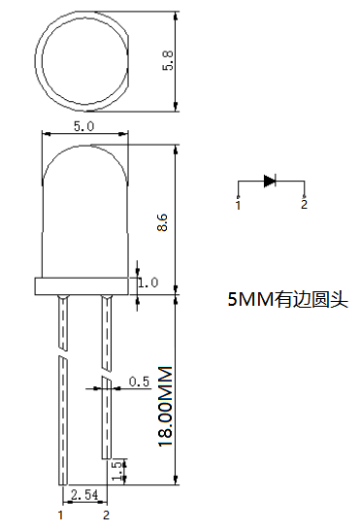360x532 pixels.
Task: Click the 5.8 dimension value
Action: tap(168, 60)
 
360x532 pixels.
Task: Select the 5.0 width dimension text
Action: tap(83, 126)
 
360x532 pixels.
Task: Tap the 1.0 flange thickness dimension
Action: tap(147, 283)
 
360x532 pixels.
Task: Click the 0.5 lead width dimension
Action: tap(139, 382)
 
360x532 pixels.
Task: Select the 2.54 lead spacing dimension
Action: tap(84, 495)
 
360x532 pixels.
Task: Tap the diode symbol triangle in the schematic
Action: tap(270, 181)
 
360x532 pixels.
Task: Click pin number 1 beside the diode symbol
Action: tap(238, 205)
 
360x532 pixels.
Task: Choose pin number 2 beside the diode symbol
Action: tap(304, 205)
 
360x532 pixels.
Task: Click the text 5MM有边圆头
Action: tap(286, 300)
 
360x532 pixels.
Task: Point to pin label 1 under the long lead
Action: tap(61, 515)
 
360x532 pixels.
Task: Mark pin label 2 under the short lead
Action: tap(106, 515)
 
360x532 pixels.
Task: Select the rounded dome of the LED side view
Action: tap(83, 194)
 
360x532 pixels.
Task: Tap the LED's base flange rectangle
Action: tap(83, 285)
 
